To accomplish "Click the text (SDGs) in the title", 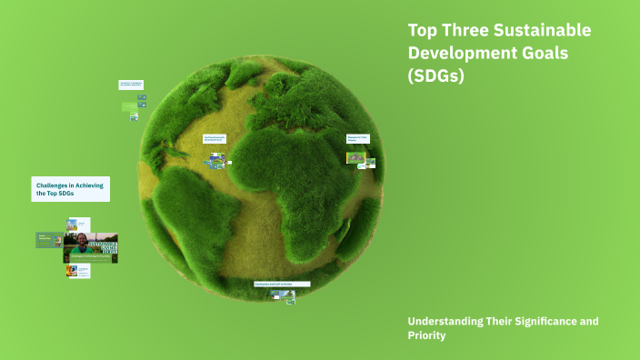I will [x=436, y=76].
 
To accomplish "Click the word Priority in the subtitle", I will [x=427, y=335].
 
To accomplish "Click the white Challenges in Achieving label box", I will [x=70, y=189].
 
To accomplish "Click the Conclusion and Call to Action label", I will [x=282, y=284].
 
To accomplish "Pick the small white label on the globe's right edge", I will [x=357, y=138].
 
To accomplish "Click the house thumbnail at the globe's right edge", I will [x=355, y=157].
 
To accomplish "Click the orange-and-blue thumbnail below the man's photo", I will [x=73, y=270].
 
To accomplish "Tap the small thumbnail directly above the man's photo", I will [x=73, y=224].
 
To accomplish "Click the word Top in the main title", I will [x=424, y=30].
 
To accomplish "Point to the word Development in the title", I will [x=455, y=54].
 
